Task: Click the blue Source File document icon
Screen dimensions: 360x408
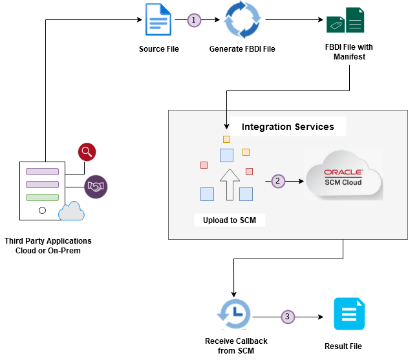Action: [x=158, y=20]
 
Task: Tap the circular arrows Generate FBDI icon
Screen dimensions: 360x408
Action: [x=242, y=21]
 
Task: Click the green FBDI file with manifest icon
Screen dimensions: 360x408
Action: [x=345, y=20]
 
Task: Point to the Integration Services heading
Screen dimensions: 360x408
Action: [x=288, y=127]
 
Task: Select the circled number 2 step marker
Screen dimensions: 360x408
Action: [x=277, y=181]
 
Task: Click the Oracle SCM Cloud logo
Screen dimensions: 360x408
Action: [x=343, y=176]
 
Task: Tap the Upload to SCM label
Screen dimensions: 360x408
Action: [x=230, y=220]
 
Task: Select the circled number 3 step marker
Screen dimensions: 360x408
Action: [x=288, y=317]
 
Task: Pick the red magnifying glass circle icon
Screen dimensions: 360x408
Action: [x=87, y=152]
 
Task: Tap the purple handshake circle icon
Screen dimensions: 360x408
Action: [x=96, y=187]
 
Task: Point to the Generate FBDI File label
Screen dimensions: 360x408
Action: [x=242, y=49]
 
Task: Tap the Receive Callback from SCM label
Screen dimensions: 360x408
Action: [x=236, y=346]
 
